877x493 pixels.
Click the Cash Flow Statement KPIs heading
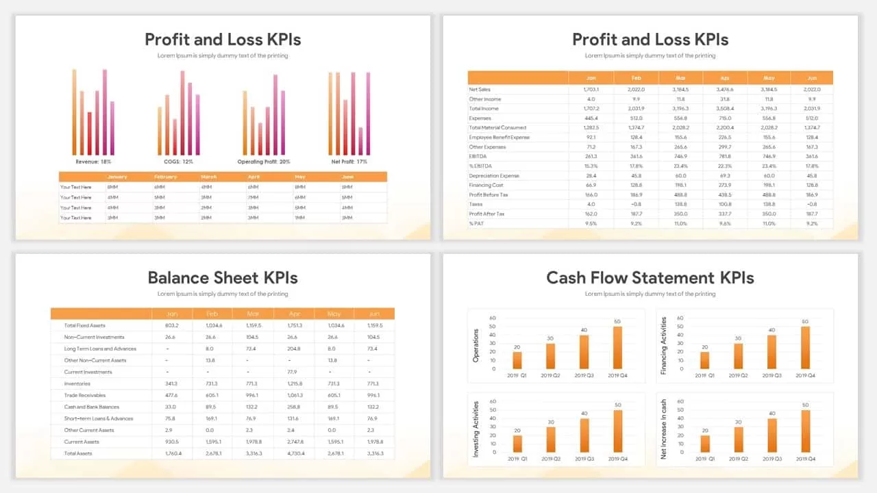tap(650, 277)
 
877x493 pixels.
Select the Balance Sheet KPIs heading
tap(223, 277)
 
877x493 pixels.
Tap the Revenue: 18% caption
tap(93, 162)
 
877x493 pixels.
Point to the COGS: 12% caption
tap(178, 162)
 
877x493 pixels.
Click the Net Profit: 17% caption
tap(349, 162)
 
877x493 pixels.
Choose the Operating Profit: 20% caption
tap(264, 162)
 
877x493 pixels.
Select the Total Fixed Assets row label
tap(84, 325)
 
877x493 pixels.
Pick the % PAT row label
tap(477, 223)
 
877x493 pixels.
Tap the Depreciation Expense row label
tap(494, 175)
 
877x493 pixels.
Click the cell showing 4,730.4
tap(294, 453)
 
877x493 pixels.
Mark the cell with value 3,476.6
tap(725, 89)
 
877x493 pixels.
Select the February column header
tap(165, 177)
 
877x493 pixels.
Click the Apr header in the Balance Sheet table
tap(294, 314)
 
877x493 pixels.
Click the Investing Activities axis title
tap(476, 429)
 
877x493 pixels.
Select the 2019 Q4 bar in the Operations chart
tap(617, 347)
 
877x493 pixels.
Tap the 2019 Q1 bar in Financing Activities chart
tap(705, 360)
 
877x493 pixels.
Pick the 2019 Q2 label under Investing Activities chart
tap(551, 459)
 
